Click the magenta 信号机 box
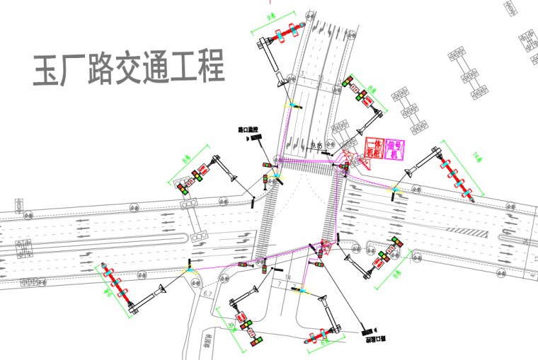(x=395, y=149)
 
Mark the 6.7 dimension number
(x=208, y=292)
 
